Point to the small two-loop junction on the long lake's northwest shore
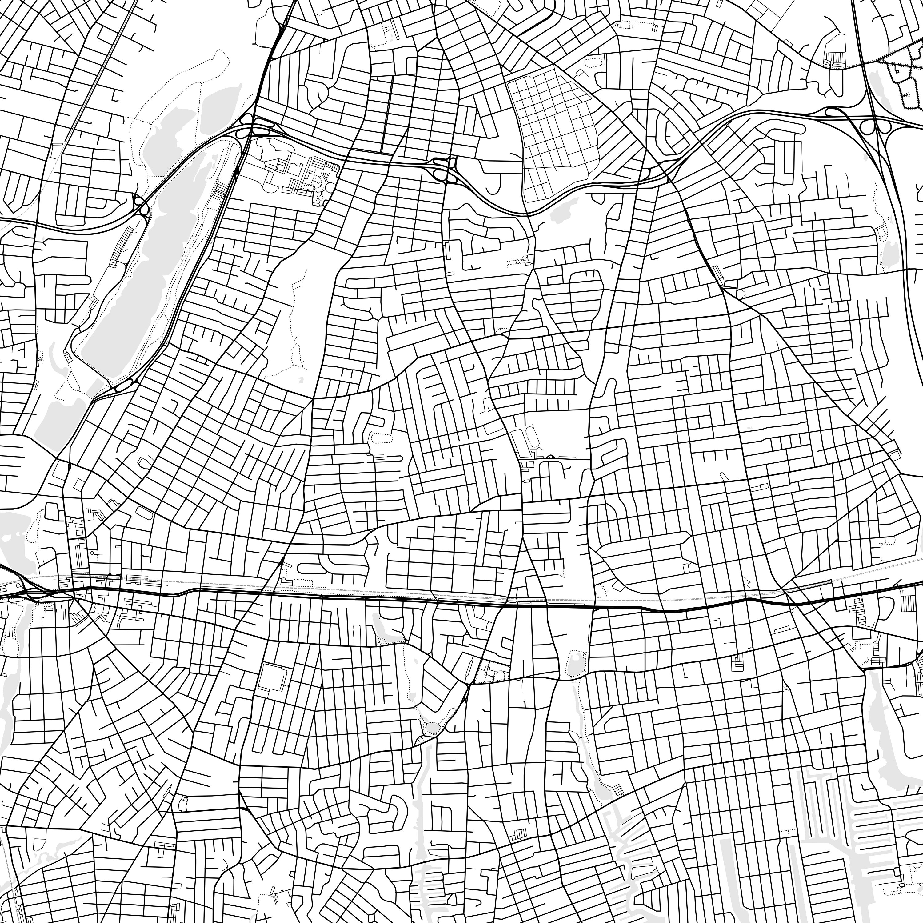(x=142, y=206)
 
